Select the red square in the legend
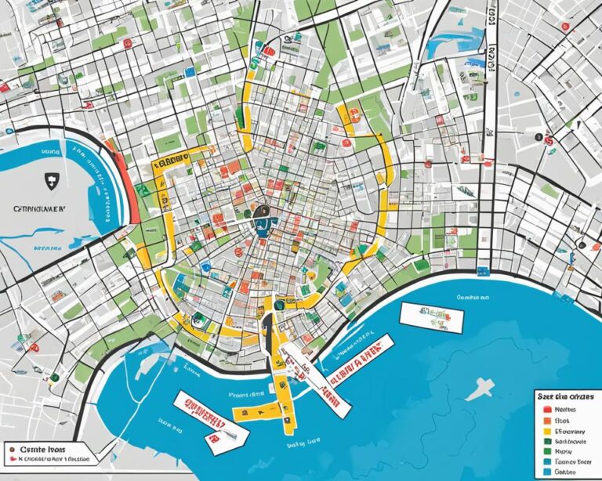click(546, 409)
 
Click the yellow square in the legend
click(546, 430)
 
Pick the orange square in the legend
click(546, 419)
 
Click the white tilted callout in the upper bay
click(430, 315)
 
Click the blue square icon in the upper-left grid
click(190, 72)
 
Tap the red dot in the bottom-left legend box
click(13, 452)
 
